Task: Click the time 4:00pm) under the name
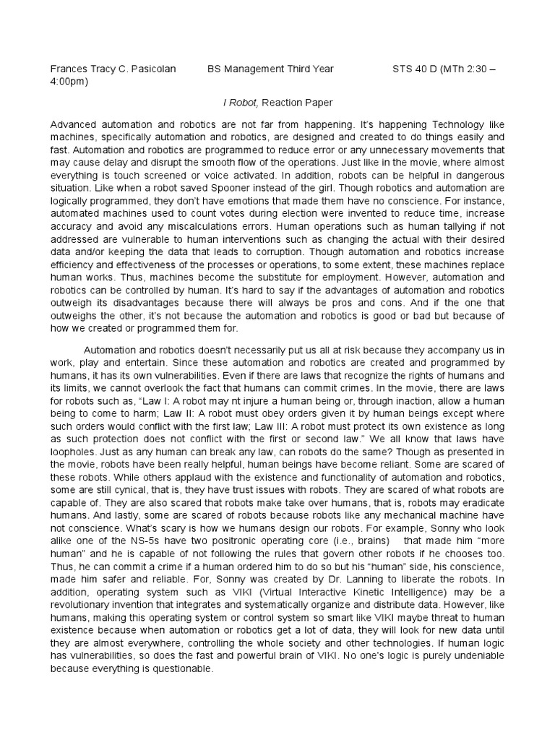coord(69,81)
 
